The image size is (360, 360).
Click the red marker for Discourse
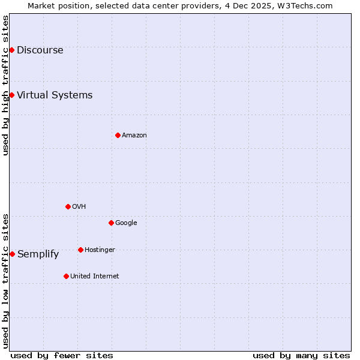[x=11, y=50]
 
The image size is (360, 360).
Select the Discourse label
[x=40, y=50]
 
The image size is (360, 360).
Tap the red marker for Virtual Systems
[x=11, y=95]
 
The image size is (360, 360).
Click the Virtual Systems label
[x=55, y=95]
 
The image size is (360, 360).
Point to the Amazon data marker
[x=118, y=135]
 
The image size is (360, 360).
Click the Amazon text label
[x=134, y=136]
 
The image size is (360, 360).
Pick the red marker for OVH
[x=68, y=206]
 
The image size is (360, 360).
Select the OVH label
[x=79, y=207]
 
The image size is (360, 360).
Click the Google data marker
[x=111, y=223]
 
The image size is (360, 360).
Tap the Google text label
[x=126, y=223]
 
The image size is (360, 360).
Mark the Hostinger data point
[x=80, y=250]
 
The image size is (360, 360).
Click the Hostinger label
[x=100, y=250]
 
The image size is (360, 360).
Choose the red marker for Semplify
[x=12, y=254]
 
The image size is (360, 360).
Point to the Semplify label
[x=38, y=254]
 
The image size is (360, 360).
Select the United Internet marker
[x=66, y=276]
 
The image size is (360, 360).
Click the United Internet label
[x=94, y=277]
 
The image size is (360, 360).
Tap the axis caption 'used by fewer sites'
[x=62, y=355]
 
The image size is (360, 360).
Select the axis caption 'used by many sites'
[x=301, y=355]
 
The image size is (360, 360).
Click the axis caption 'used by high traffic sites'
[x=5, y=85]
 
